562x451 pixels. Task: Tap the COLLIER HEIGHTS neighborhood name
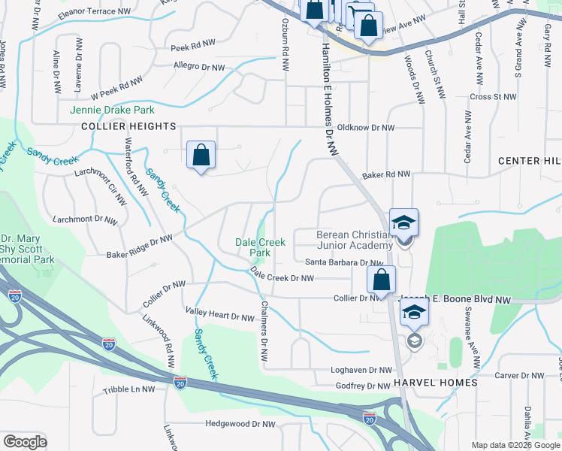click(x=128, y=127)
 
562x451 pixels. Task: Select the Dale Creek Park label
click(x=260, y=247)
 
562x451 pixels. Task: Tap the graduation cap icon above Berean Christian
click(x=403, y=222)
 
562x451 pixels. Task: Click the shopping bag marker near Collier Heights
click(x=201, y=156)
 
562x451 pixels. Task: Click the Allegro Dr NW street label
click(x=199, y=68)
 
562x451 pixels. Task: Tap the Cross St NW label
click(x=493, y=97)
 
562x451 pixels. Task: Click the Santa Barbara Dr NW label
click(x=345, y=262)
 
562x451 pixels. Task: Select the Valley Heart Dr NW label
click(x=220, y=317)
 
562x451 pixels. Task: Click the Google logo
click(x=25, y=442)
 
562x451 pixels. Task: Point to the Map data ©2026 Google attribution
click(x=515, y=445)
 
